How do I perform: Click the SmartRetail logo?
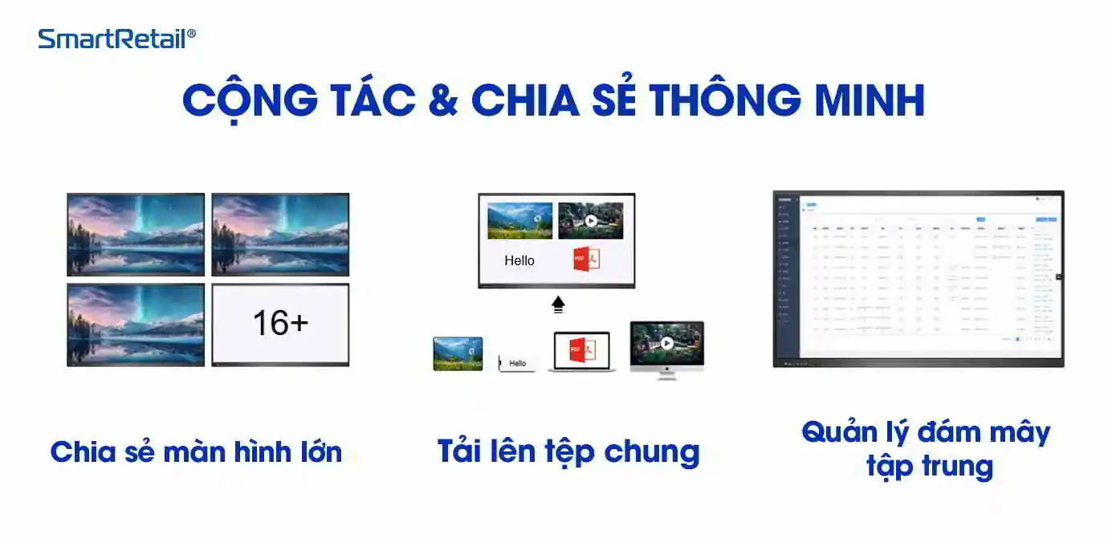pos(112,39)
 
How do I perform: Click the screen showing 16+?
pos(280,323)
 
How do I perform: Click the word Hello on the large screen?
pos(519,260)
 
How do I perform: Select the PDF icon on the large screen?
pos(586,259)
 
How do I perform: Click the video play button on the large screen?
pos(591,220)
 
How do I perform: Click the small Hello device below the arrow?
pos(517,363)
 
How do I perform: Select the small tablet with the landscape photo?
pos(458,353)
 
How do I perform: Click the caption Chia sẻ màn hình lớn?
pos(196,452)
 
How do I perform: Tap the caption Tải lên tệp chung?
pos(568,451)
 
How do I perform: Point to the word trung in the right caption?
pos(956,466)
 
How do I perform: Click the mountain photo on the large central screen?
pos(519,220)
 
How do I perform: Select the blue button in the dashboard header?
pos(980,218)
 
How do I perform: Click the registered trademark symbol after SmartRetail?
pos(191,34)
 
